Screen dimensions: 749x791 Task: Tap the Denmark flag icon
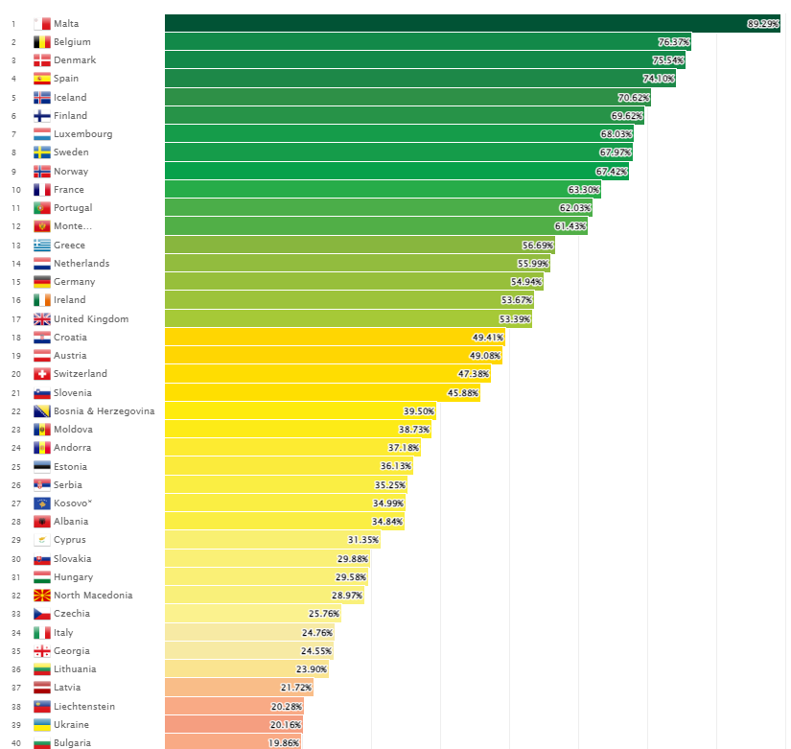click(x=42, y=60)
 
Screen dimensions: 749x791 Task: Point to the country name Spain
click(x=66, y=79)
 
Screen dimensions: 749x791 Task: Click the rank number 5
click(x=13, y=98)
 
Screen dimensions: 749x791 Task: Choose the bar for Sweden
click(x=398, y=152)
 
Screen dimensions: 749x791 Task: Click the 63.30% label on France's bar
click(x=583, y=190)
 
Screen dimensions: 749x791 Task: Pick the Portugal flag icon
click(x=42, y=208)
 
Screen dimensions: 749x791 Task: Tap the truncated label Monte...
click(x=73, y=226)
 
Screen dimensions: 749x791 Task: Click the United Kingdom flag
click(x=42, y=319)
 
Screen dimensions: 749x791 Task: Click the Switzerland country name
click(x=81, y=374)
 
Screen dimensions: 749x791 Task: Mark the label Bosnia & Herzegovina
click(x=104, y=411)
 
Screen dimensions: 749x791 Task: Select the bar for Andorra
click(x=292, y=448)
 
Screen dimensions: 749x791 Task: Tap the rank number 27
click(x=14, y=503)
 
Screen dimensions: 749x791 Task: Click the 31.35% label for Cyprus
click(x=363, y=540)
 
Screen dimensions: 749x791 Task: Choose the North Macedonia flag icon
click(x=42, y=596)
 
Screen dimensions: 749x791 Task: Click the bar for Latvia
click(x=239, y=688)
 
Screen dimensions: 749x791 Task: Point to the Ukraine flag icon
click(x=42, y=725)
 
